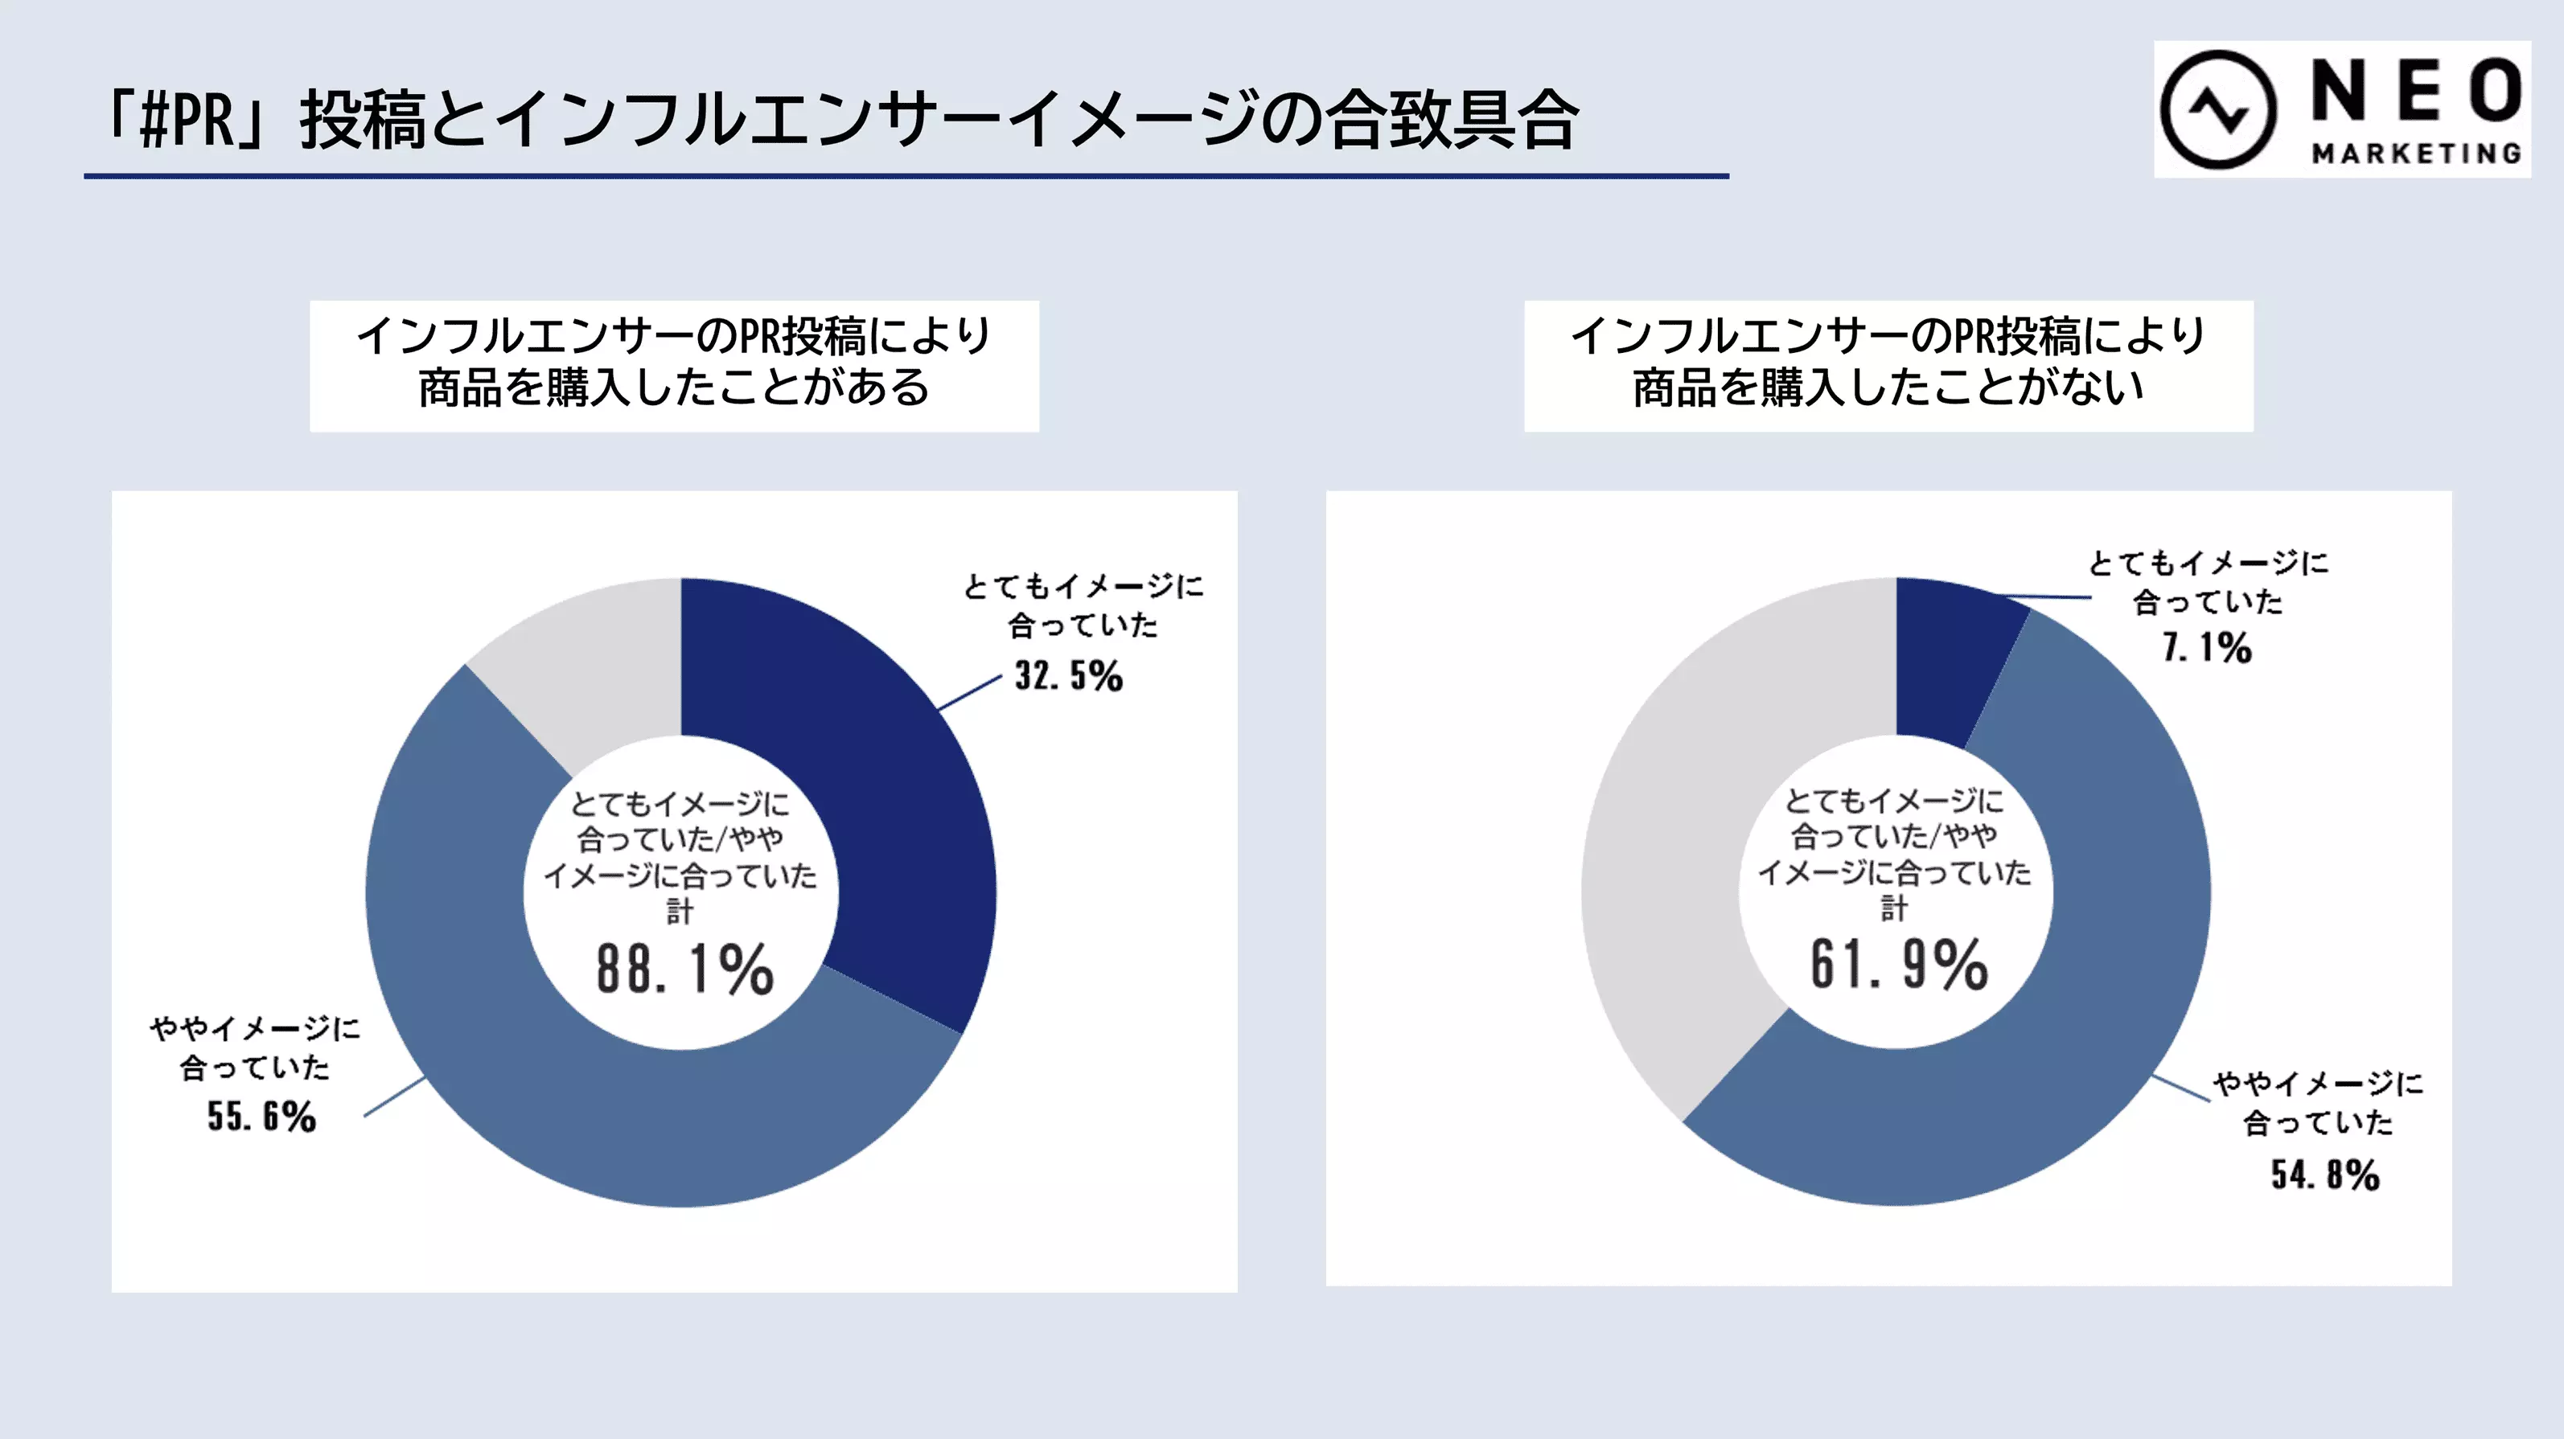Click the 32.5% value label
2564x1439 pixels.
(x=1068, y=676)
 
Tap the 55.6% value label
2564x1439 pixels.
(x=261, y=1117)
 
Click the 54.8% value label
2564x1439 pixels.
(x=2324, y=1175)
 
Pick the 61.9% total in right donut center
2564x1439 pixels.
(x=1898, y=965)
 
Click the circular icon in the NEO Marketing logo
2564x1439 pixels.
(x=2217, y=109)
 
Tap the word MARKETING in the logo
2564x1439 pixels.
(x=2417, y=154)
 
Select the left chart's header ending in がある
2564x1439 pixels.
(x=674, y=365)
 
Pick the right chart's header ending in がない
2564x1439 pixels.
(x=1888, y=365)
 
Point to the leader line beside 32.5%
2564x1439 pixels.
(x=969, y=693)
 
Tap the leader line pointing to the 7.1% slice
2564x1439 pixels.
(x=2050, y=597)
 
